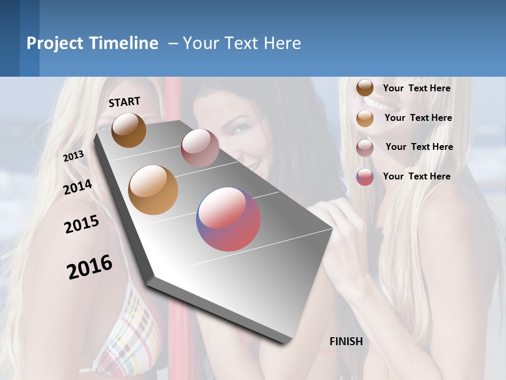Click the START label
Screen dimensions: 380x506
(124, 102)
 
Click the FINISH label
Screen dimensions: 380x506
(346, 341)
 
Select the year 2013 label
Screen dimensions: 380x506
(73, 156)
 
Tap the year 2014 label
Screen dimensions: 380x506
(77, 187)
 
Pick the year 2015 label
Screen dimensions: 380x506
(82, 224)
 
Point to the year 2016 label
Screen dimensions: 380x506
(90, 267)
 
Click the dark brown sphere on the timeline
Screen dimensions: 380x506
(129, 130)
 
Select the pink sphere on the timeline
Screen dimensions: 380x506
(200, 148)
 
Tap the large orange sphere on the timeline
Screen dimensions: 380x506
(153, 190)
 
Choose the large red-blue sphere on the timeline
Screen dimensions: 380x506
(228, 219)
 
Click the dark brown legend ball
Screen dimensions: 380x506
(365, 88)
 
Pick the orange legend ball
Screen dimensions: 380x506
(365, 118)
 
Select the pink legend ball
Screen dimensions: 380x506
(365, 148)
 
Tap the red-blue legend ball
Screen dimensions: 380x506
(365, 177)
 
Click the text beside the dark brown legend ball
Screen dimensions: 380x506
(416, 88)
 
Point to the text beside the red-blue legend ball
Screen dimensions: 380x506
(416, 176)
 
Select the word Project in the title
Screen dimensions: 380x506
(55, 43)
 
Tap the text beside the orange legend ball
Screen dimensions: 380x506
(418, 118)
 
